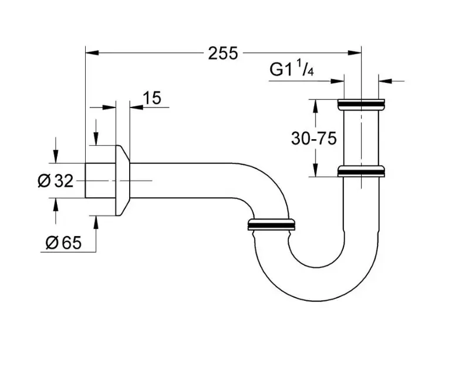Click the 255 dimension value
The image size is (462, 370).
[x=222, y=53]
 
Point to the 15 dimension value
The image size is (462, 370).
[x=151, y=97]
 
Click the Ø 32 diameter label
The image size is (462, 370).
[x=55, y=181]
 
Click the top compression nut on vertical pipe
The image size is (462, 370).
[x=362, y=105]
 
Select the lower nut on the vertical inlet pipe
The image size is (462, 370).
[x=362, y=171]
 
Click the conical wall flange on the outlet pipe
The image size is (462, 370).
[x=123, y=181]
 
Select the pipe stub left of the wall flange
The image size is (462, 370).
[x=100, y=181]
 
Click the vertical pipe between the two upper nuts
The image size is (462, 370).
[x=362, y=138]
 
